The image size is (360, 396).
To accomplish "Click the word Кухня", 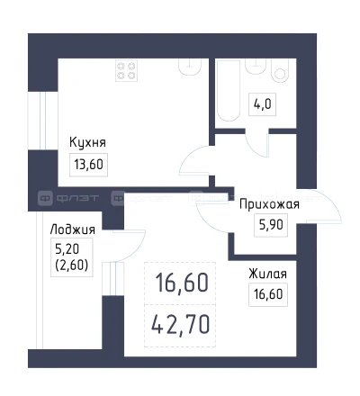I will [x=88, y=142].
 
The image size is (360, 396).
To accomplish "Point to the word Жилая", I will [x=268, y=274].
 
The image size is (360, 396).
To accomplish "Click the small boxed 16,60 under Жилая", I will [x=268, y=294].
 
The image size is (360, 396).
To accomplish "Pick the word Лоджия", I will [x=73, y=229].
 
